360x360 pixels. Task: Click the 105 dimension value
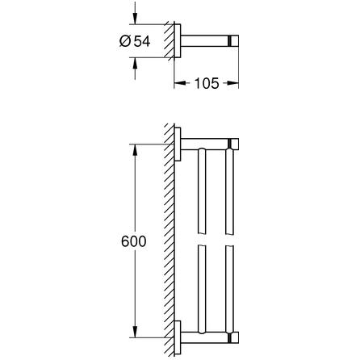coord(207,83)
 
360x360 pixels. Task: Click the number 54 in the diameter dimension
coord(142,41)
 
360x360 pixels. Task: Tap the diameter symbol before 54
coord(125,41)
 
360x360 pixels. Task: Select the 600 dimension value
coord(133,241)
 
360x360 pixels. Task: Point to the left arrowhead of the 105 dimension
coord(180,83)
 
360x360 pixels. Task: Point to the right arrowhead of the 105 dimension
coord(232,83)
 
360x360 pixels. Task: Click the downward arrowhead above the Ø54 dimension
coord(135,19)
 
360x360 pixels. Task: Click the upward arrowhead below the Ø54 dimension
coord(135,64)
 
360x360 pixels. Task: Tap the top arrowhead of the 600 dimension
coord(135,150)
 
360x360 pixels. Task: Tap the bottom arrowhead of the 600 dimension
coord(135,332)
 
